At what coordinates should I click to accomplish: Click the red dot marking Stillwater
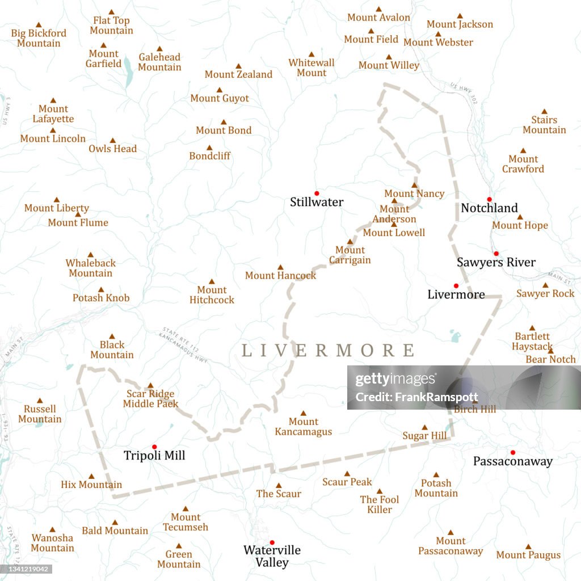tap(317, 193)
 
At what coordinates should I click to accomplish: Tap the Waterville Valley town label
tap(272, 556)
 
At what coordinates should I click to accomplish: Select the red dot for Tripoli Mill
tap(154, 447)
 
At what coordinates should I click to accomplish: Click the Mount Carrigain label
tap(350, 255)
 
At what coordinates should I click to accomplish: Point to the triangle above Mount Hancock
tap(280, 267)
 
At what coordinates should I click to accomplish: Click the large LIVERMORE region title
tap(329, 350)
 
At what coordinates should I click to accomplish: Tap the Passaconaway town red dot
tap(512, 452)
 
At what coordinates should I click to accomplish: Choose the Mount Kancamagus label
tap(303, 427)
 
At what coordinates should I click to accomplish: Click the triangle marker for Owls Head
tap(112, 141)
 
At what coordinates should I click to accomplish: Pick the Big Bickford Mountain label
tap(39, 38)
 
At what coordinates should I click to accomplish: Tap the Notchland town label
tap(489, 208)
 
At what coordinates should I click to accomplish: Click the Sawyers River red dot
tap(496, 254)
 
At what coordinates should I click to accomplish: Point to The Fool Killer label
tap(380, 504)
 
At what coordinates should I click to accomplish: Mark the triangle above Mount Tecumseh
tap(185, 509)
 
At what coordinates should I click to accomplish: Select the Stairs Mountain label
tap(544, 125)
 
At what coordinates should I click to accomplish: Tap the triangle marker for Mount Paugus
tap(528, 547)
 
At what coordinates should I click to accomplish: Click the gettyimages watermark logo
tap(396, 380)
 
